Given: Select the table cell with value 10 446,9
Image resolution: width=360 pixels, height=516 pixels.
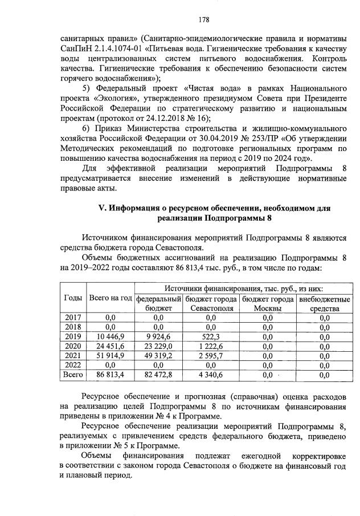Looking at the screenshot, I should click(111, 336).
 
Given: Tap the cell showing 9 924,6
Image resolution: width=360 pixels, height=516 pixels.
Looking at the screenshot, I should click(158, 336).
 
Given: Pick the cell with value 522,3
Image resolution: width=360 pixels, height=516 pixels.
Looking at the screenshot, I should click(210, 336).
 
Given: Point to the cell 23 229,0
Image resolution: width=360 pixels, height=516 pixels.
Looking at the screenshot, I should click(158, 346).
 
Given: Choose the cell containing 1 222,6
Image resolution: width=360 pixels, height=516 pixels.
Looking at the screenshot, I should click(210, 346).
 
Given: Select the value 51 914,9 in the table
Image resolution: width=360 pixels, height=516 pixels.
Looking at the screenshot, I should click(111, 356).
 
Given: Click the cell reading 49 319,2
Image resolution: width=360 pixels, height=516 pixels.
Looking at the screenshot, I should click(158, 356).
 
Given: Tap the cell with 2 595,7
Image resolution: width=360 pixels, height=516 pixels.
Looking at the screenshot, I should click(210, 356).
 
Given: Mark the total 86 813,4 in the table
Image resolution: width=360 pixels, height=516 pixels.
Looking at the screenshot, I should click(111, 375).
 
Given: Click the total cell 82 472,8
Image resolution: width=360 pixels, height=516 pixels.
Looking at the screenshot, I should click(158, 375).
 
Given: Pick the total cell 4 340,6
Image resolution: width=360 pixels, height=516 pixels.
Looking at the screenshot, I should click(210, 375).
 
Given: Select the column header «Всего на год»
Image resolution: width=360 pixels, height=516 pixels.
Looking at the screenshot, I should click(111, 299).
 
